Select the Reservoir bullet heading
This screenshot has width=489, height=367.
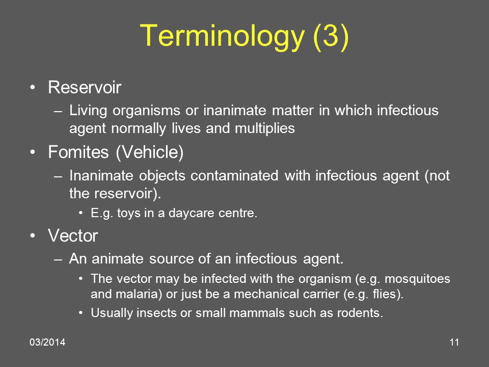pos(85,88)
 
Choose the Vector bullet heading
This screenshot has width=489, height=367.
pos(73,235)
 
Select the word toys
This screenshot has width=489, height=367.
pos(125,214)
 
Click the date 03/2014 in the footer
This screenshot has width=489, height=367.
pos(47,342)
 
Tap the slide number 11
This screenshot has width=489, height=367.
pos(455,342)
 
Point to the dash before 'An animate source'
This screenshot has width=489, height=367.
pos(59,259)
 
